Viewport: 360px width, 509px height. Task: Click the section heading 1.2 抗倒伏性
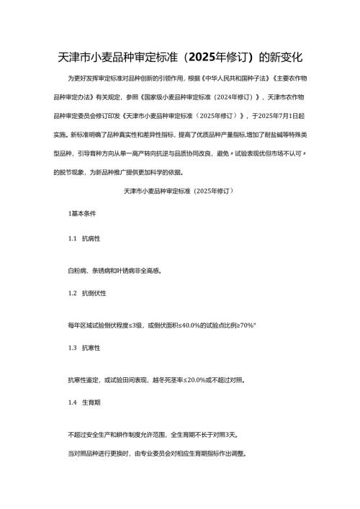tap(86, 293)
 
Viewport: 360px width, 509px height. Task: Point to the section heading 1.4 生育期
tap(84, 402)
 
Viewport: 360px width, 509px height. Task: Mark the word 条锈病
tap(99, 271)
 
